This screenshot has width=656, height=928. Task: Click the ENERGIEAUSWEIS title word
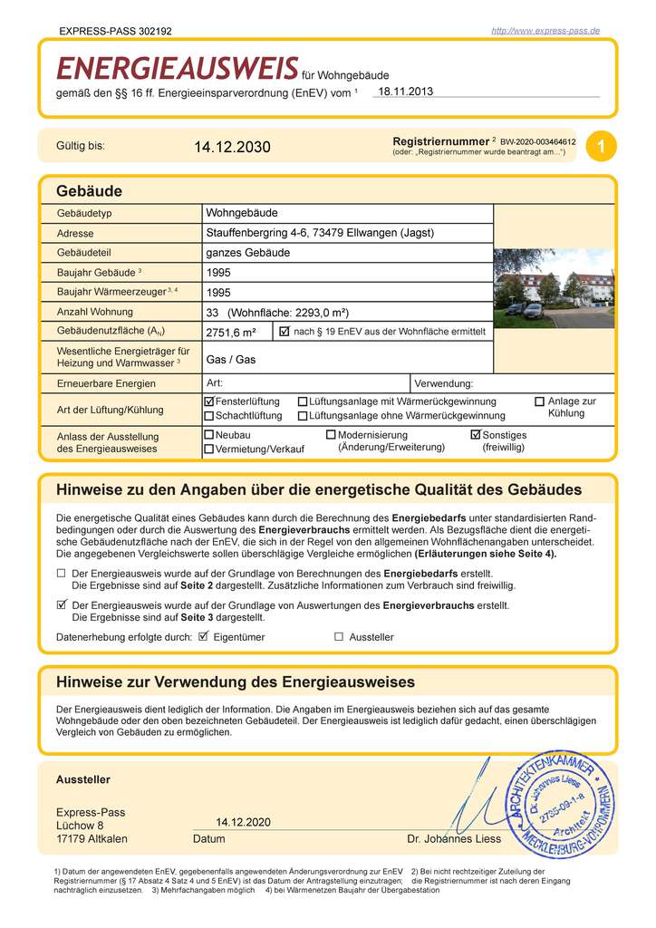coord(178,69)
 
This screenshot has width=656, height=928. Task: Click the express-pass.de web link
coord(545,31)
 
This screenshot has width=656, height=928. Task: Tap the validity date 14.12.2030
coord(232,147)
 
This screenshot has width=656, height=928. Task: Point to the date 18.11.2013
coord(406,91)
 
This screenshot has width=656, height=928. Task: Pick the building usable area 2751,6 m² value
coord(231,332)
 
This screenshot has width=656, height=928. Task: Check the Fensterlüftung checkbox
coord(209,401)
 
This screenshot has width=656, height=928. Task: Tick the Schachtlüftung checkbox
coord(209,416)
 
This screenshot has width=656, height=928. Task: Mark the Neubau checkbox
coord(209,435)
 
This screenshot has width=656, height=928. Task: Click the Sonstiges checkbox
coord(476,435)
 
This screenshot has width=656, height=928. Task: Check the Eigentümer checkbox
coord(204,636)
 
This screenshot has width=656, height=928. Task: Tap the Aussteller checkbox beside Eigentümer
coord(339,636)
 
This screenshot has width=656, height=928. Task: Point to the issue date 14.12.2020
coord(243,822)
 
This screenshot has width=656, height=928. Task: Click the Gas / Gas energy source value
coord(231,359)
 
